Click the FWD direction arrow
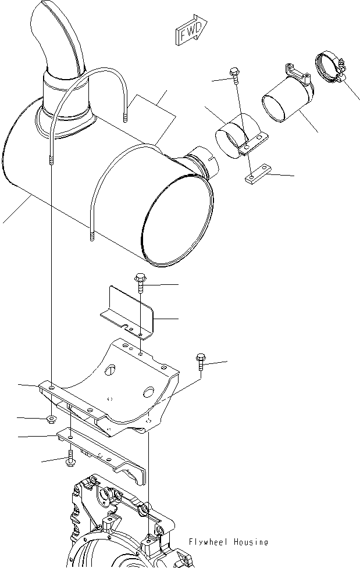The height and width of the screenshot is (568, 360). click(190, 33)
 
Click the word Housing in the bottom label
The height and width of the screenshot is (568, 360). click(251, 542)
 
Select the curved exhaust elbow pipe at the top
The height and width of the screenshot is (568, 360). click(56, 35)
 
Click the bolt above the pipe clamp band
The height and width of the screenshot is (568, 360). click(234, 72)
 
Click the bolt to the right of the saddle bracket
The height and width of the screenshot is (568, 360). click(201, 361)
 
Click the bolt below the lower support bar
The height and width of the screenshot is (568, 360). click(70, 458)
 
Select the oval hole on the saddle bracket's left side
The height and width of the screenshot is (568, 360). click(111, 370)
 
